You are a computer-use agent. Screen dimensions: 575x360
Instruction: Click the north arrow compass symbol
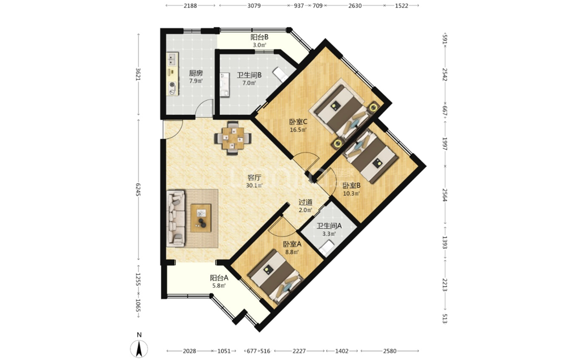(x=139, y=348)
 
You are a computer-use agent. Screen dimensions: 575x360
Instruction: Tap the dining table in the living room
(x=233, y=138)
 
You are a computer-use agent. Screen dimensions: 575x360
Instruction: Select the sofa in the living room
(x=176, y=218)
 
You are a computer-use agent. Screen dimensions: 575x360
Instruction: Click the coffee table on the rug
(x=201, y=218)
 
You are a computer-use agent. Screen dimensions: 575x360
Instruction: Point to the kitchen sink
(x=172, y=60)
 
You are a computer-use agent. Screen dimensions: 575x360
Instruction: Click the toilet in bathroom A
(x=327, y=247)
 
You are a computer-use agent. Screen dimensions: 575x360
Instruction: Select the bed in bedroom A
(x=274, y=275)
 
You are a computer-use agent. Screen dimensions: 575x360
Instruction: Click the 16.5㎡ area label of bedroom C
(x=298, y=129)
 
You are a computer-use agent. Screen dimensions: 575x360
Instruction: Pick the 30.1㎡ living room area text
(x=254, y=185)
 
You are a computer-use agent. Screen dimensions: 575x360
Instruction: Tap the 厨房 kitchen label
(x=196, y=73)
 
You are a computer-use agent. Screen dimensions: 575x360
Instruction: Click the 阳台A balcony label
(x=219, y=278)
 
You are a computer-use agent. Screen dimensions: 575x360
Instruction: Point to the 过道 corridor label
(x=306, y=202)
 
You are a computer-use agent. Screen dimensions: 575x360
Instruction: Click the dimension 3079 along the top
(x=254, y=6)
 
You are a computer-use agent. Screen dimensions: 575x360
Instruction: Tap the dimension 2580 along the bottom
(x=390, y=351)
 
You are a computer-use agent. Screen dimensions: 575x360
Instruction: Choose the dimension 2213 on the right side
(x=445, y=285)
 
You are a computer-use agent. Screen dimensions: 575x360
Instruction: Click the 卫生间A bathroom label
(x=329, y=226)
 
